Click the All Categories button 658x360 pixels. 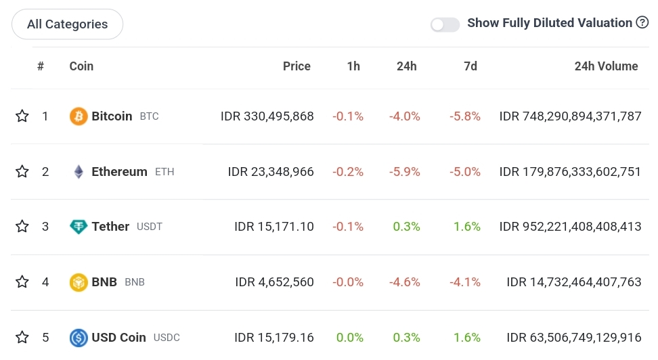tap(67, 24)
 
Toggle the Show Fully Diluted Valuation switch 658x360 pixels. tap(445, 24)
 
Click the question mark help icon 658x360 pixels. tap(642, 23)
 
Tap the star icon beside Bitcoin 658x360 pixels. tap(22, 116)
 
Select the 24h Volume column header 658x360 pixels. tap(606, 66)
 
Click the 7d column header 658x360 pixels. tap(470, 66)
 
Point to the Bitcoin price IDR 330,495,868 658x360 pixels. tap(267, 116)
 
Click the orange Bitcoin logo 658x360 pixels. tap(79, 116)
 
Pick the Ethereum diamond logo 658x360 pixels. tap(79, 172)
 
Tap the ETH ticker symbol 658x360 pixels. tap(164, 172)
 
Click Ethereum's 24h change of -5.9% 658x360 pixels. tap(404, 172)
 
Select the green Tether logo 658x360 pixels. tap(79, 227)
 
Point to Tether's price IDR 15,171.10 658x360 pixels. tap(273, 227)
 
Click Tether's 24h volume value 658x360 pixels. tap(570, 227)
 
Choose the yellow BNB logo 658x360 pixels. tap(79, 282)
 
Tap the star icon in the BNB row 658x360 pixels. tap(22, 282)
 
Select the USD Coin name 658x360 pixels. tap(118, 337)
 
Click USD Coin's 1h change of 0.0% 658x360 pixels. tap(350, 337)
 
